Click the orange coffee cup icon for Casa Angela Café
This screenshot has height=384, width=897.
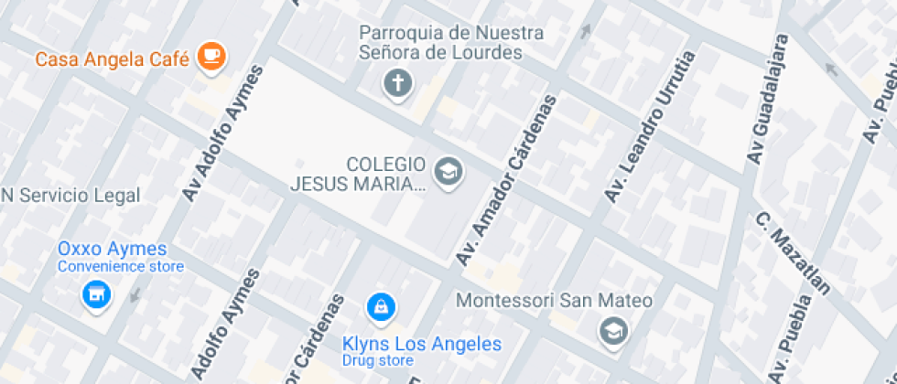tap(212, 56)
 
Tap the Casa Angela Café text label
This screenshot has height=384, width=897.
tap(112, 60)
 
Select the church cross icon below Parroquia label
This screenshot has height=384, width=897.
tap(397, 84)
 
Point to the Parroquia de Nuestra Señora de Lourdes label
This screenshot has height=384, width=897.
tap(451, 43)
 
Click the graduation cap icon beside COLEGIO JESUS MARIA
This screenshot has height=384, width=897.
tap(448, 171)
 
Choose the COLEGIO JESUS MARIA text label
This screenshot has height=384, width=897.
tap(358, 174)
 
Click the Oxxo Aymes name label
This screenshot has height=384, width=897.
tap(113, 249)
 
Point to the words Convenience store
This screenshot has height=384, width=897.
tap(121, 267)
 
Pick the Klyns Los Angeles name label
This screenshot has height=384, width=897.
tap(422, 344)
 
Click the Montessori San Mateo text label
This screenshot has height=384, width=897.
tap(555, 301)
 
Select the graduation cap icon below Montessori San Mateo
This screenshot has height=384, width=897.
tap(612, 331)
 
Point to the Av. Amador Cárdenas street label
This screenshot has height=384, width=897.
tap(506, 180)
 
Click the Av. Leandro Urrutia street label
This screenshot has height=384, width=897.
tap(650, 127)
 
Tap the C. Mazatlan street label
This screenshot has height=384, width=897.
tap(794, 254)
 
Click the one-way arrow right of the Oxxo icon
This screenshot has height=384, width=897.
tap(136, 294)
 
